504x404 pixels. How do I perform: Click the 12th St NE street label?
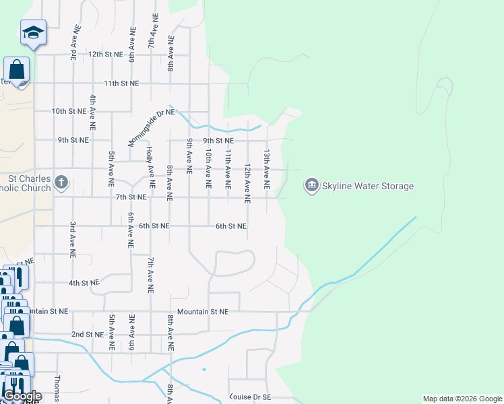tap(105, 54)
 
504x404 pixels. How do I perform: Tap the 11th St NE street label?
tap(121, 83)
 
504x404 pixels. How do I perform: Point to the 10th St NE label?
tap(69, 111)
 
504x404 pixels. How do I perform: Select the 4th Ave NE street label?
tap(92, 112)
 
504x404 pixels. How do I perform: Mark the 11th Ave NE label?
tap(228, 168)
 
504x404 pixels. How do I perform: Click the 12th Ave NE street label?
tap(247, 182)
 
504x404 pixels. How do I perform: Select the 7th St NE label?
tap(131, 197)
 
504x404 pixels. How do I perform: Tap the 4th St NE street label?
tap(84, 283)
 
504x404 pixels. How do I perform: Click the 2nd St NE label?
tap(88, 334)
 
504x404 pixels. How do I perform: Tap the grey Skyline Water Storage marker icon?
tap(311, 184)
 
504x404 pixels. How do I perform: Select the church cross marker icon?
tap(61, 182)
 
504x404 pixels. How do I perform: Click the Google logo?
tap(22, 396)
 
